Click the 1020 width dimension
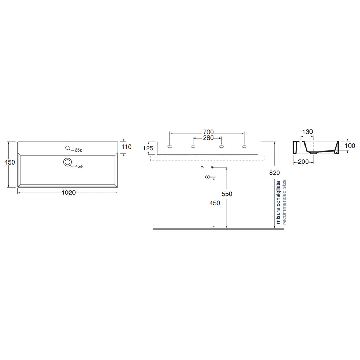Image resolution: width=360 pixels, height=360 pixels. point(69,193)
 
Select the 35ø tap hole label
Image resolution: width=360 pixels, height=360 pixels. point(78,150)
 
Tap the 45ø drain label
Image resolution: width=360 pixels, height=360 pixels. point(79,166)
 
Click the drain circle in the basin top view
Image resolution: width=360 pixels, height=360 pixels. point(67,162)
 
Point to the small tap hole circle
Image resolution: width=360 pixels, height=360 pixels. point(67,148)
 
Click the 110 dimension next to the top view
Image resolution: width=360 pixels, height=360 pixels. point(127,147)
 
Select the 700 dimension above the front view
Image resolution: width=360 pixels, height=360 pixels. point(208,132)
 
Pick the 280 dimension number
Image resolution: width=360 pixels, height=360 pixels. point(208,138)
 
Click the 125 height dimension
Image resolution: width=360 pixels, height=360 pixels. point(148,148)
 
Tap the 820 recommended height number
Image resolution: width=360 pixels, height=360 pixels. point(275,173)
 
